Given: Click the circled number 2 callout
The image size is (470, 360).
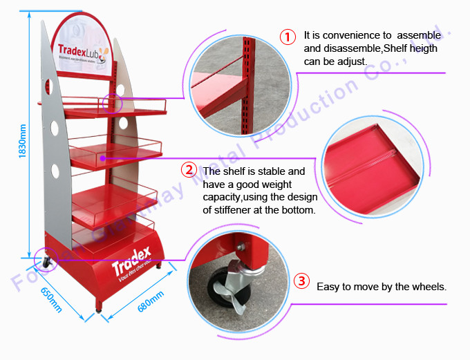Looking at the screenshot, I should tap(188, 170).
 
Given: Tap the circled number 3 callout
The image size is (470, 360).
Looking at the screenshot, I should tap(301, 281).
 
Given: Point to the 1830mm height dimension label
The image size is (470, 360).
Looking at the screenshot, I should tap(23, 142).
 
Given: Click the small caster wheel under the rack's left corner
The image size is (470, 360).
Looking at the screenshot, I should tap(46, 263).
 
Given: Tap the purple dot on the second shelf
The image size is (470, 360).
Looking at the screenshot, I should tap(102, 158).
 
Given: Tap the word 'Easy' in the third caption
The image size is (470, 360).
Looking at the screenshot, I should tap(328, 286).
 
